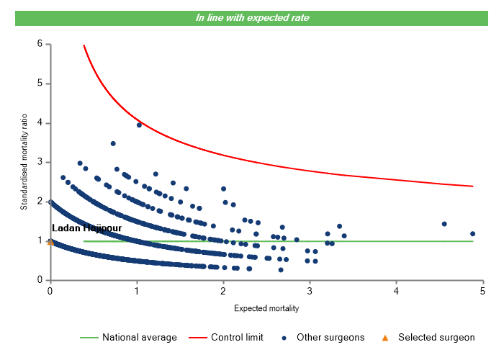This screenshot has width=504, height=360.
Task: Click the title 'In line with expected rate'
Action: pyautogui.click(x=252, y=18)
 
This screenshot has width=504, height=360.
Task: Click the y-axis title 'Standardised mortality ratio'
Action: pyautogui.click(x=24, y=163)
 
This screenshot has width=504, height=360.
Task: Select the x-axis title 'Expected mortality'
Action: pyautogui.click(x=266, y=308)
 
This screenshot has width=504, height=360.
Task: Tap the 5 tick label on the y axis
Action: pyautogui.click(x=40, y=84)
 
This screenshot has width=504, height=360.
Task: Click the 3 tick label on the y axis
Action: pyautogui.click(x=40, y=162)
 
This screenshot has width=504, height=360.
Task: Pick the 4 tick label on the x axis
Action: pyautogui.click(x=397, y=290)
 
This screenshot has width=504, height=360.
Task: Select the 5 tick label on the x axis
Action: pyautogui.click(x=483, y=290)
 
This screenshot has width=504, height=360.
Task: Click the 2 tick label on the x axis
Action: pyautogui.click(x=223, y=290)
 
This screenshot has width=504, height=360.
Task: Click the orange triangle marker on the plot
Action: pyautogui.click(x=50, y=242)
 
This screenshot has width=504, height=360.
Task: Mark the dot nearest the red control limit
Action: pyautogui.click(x=139, y=125)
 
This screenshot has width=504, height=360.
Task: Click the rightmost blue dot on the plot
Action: pyautogui.click(x=472, y=233)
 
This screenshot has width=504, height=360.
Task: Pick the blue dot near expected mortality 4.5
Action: pyautogui.click(x=444, y=224)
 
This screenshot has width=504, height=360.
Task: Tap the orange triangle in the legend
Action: pyautogui.click(x=385, y=337)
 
